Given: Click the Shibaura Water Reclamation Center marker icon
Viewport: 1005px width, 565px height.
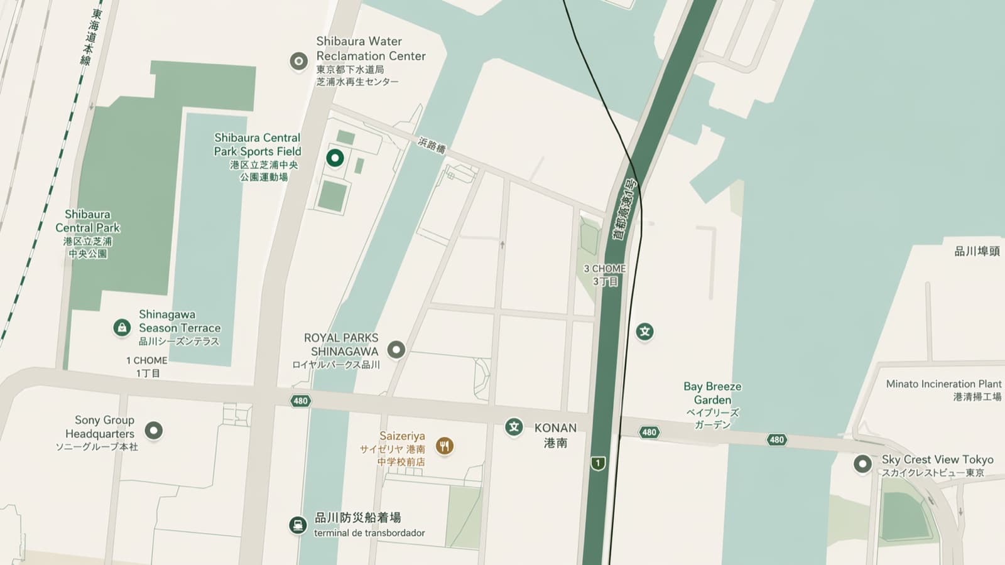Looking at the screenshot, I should pos(298,61).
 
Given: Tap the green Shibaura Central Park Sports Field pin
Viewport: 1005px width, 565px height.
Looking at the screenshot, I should pos(335,158).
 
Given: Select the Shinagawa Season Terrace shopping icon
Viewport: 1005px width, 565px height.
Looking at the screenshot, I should pos(122,327).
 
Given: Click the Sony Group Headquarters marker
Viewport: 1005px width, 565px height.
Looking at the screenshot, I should pos(154,430).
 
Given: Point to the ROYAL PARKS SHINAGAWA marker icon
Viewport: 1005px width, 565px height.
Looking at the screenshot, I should pos(396,350).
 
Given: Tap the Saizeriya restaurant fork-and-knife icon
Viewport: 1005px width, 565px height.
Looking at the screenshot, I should pos(445,446).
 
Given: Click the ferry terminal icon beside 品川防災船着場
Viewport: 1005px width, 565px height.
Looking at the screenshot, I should pos(298,524).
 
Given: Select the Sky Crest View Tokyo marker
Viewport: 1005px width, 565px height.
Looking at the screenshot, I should pos(862,464).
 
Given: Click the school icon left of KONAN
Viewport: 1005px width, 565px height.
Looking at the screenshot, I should pos(514,428).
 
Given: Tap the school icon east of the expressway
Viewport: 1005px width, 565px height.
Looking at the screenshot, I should pos(644,331).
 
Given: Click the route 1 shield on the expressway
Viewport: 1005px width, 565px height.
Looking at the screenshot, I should pos(598,463).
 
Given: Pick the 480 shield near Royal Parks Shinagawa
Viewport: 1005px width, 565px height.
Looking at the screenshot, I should pos(300,401).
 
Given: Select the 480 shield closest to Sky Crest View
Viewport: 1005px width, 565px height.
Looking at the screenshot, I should pos(777,439).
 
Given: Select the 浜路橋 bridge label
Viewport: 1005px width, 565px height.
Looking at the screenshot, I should pos(432,146).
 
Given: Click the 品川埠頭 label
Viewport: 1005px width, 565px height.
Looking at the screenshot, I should pos(977,251).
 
